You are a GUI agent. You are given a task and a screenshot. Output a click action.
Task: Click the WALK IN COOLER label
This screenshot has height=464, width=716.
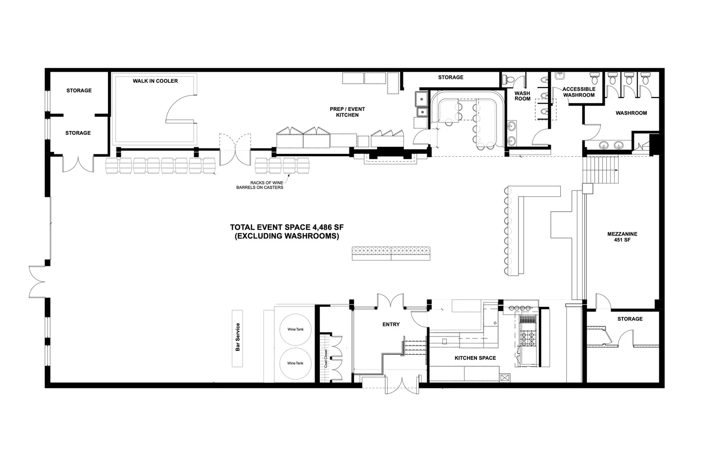coord(155,81)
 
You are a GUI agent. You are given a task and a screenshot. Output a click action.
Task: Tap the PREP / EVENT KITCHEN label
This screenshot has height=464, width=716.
coord(347,112)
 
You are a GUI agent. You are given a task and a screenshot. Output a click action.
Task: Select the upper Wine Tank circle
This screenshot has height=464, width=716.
coord(295,329)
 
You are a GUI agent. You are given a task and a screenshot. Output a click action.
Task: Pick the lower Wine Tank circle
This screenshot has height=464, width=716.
coord(295,363)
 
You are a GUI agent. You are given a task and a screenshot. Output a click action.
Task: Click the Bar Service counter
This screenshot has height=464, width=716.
coord(237,338)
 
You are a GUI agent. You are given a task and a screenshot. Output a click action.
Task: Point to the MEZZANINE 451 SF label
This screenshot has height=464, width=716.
coord(622,237)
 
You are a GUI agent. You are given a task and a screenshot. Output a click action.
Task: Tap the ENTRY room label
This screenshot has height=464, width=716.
coord(391,324)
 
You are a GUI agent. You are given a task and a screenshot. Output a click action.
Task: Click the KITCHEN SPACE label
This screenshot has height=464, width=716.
coord(475,358)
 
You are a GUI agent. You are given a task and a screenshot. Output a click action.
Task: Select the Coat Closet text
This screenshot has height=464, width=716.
coord(326,358)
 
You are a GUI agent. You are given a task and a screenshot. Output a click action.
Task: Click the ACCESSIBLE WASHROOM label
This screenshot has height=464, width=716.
coord(579,92)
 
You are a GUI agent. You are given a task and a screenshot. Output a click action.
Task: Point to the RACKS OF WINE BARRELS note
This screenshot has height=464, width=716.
coord(260,185)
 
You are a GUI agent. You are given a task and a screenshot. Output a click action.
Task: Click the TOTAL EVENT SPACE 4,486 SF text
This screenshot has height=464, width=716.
coord(287,227)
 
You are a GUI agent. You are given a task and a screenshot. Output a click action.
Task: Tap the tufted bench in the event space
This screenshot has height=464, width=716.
coord(391,253)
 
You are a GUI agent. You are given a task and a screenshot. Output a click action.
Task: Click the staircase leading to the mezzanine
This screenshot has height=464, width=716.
coord(600,169)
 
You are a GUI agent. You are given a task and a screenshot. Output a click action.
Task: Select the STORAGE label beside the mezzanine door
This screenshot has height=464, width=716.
coord(630,319)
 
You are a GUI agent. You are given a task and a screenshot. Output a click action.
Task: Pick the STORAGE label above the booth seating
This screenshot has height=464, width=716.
coord(451,77)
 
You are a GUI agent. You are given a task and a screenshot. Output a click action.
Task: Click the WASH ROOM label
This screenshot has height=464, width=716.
coord(522,96)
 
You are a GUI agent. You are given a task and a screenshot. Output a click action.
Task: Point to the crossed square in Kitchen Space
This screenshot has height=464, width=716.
coord(505,378)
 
